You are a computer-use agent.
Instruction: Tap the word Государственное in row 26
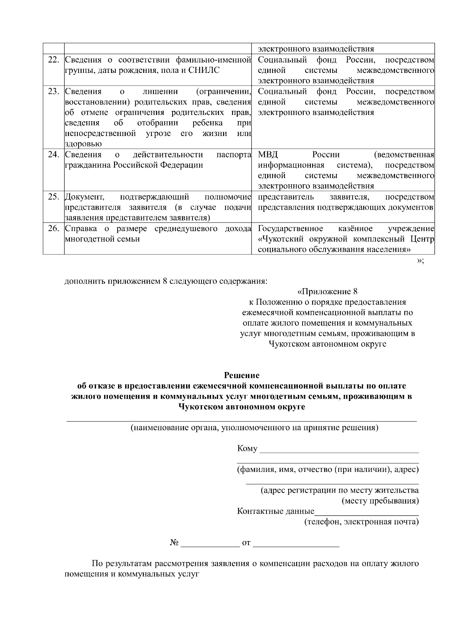pyautogui.click(x=290, y=228)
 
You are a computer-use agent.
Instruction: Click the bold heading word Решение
pyautogui.click(x=242, y=375)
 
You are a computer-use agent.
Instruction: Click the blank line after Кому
pyautogui.click(x=339, y=449)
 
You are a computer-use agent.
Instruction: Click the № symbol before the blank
pyautogui.click(x=174, y=543)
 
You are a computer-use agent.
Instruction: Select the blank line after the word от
pyautogui.click(x=296, y=544)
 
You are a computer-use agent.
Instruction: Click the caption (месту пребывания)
pyautogui.click(x=380, y=501)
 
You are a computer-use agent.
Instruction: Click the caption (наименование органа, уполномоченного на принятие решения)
pyautogui.click(x=254, y=428)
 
